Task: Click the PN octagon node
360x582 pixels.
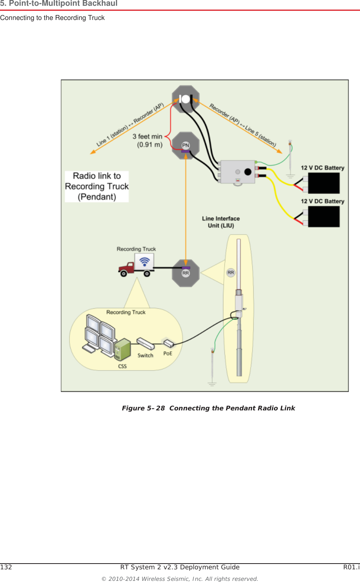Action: pyautogui.click(x=186, y=145)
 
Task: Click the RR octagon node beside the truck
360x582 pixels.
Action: pyautogui.click(x=186, y=273)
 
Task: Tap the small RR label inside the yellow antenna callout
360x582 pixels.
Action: pyautogui.click(x=231, y=273)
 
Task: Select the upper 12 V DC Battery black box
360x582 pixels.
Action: pyautogui.click(x=324, y=183)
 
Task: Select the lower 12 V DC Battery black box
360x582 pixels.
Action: pyautogui.click(x=324, y=217)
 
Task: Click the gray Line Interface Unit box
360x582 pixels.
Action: pyautogui.click(x=238, y=172)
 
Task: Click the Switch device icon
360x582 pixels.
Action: pyautogui.click(x=145, y=343)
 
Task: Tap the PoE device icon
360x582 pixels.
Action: pyautogui.click(x=168, y=343)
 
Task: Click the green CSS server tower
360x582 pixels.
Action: pyautogui.click(x=123, y=349)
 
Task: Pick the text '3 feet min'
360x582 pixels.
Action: pyautogui.click(x=147, y=137)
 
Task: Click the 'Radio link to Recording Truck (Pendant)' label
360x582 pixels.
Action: pyautogui.click(x=97, y=187)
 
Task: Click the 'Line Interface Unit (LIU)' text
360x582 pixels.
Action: pyautogui.click(x=221, y=222)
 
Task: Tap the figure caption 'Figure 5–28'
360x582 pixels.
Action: pyautogui.click(x=143, y=408)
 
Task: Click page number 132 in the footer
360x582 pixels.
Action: pyautogui.click(x=6, y=567)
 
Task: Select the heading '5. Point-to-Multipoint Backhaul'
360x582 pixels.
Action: pyautogui.click(x=59, y=4)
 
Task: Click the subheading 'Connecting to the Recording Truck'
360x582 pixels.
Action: pyautogui.click(x=52, y=18)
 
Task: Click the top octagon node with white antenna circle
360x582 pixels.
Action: pyautogui.click(x=186, y=99)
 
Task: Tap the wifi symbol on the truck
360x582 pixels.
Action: pyautogui.click(x=145, y=262)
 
